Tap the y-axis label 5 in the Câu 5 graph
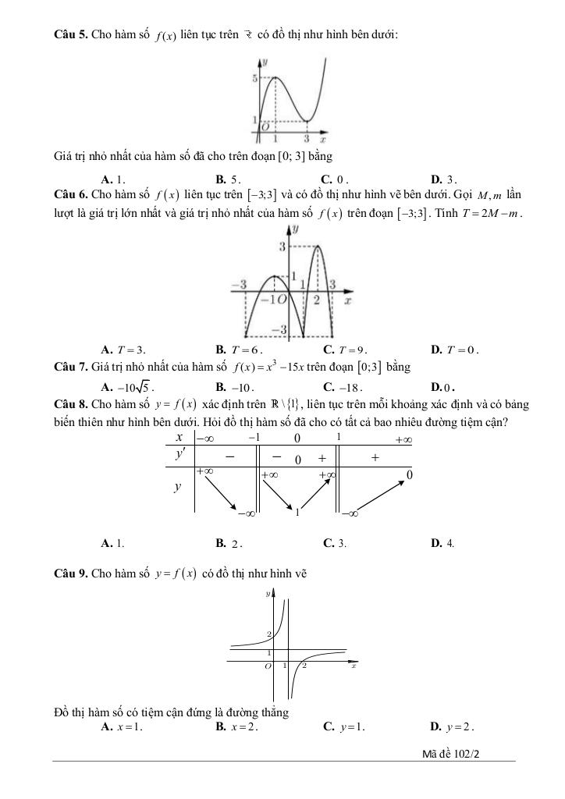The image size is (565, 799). tap(254, 79)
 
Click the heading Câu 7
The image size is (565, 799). tap(71, 367)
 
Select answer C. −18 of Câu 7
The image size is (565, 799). tap(339, 385)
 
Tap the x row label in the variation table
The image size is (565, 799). tap(179, 438)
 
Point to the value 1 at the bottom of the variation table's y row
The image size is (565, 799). tap(297, 513)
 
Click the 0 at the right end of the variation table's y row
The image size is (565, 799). tap(410, 474)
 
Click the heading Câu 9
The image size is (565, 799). tap(71, 574)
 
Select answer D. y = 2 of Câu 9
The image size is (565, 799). tap(452, 727)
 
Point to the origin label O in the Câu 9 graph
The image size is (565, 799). tap(268, 666)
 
